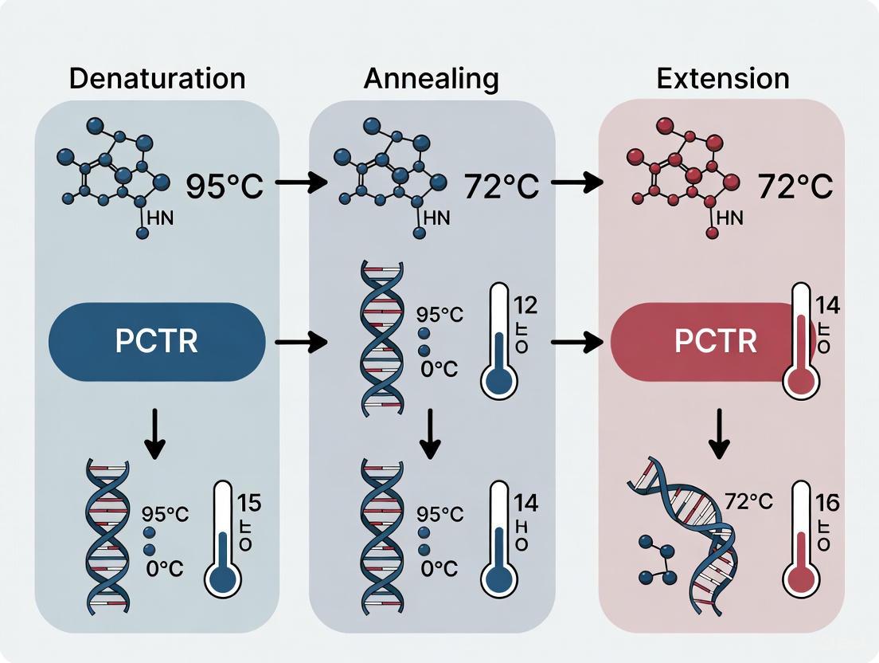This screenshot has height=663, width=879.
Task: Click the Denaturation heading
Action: (157, 79)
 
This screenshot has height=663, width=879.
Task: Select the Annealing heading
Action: (432, 79)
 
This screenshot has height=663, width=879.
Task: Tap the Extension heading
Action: (723, 79)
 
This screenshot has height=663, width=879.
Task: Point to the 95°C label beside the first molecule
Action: (225, 186)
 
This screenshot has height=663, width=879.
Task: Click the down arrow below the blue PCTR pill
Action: (156, 437)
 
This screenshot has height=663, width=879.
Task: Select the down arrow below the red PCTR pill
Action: (719, 434)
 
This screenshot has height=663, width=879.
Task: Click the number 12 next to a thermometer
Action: (525, 305)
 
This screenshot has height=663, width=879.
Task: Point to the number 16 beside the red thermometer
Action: (827, 503)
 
